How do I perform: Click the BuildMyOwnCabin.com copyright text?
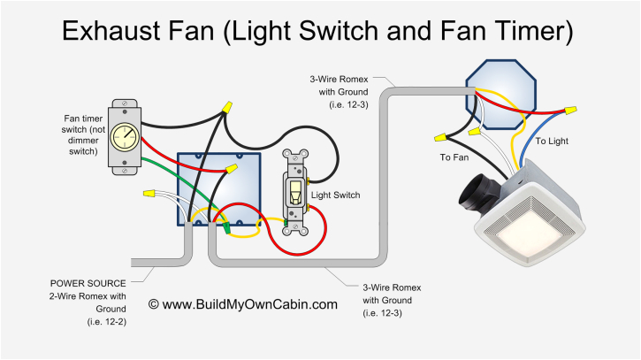pos(242,304)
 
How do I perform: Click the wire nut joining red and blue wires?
pos(570,111)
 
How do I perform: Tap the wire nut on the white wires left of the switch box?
pos(149,191)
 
